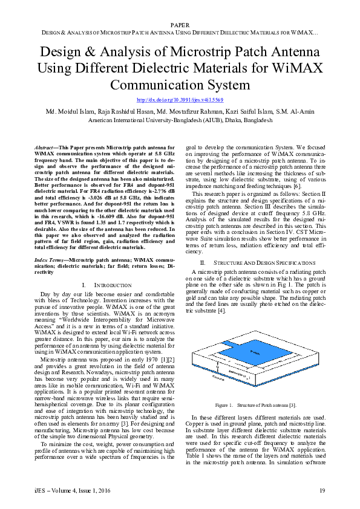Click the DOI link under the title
pyautogui.click(x=180, y=100)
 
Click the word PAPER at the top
pyautogui.click(x=180, y=24)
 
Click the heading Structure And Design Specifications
pyautogui.click(x=265, y=262)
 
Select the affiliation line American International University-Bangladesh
pyautogui.click(x=180, y=120)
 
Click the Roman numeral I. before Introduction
pyautogui.click(x=83, y=284)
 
